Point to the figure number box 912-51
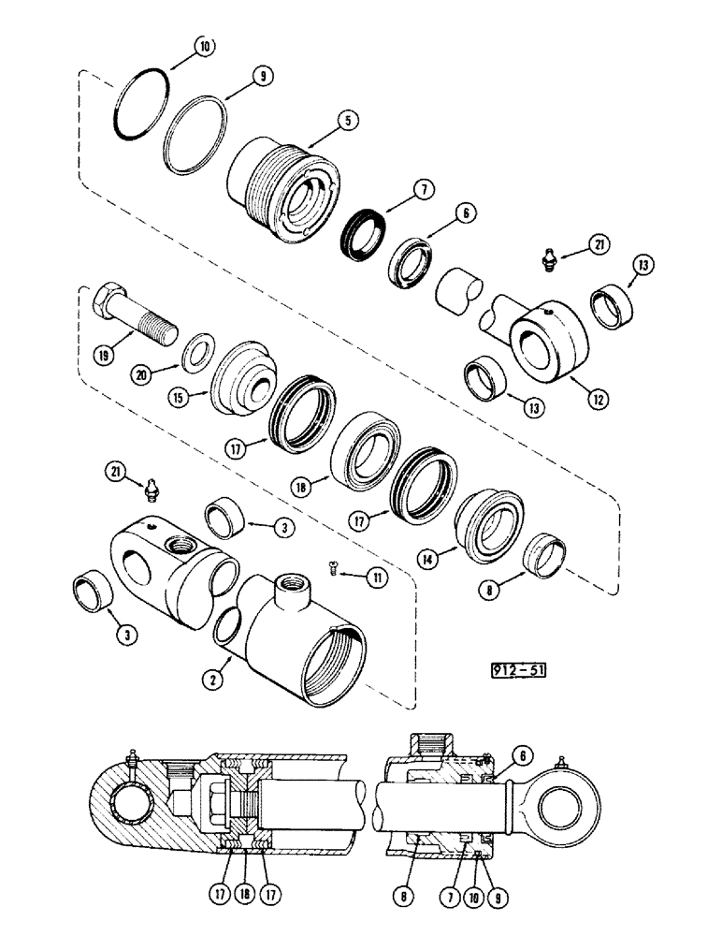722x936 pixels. [x=513, y=669]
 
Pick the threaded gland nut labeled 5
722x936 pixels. [x=277, y=186]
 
